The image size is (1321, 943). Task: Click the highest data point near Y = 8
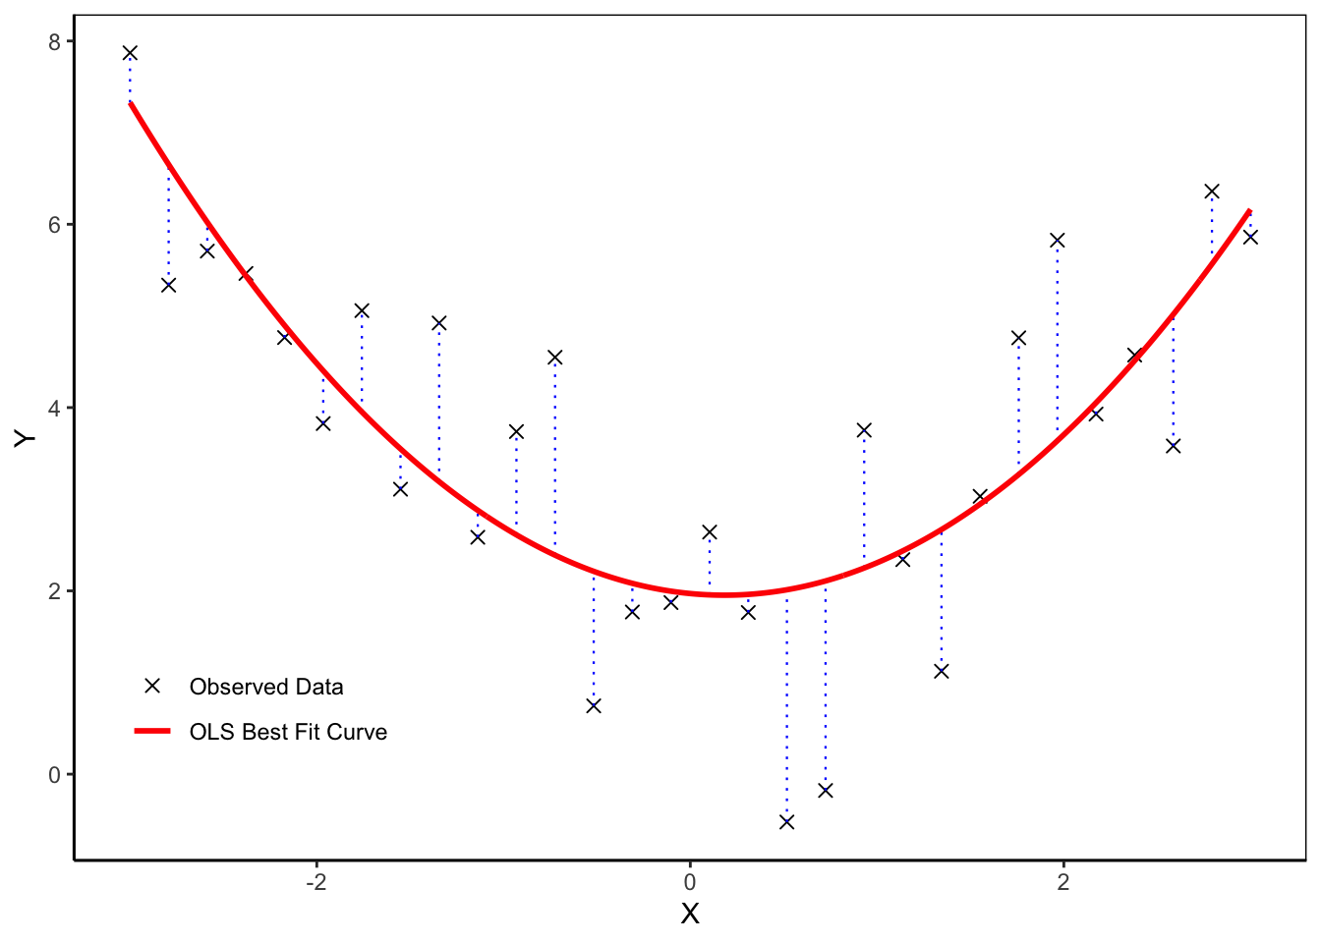(130, 53)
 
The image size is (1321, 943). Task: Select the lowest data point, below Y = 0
(786, 821)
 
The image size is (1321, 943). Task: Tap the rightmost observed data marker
(1250, 237)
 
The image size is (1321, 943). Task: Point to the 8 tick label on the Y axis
(55, 41)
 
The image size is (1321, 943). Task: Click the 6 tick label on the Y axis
(55, 225)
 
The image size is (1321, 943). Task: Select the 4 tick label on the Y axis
(55, 408)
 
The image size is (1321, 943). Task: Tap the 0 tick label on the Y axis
(55, 775)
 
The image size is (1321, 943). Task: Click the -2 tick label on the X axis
(316, 882)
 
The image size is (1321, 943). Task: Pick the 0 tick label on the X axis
(690, 882)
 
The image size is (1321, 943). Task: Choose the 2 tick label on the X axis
(1063, 882)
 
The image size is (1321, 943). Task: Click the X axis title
(690, 915)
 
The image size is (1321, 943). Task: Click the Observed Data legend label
(266, 687)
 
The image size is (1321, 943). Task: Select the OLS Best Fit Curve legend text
(288, 732)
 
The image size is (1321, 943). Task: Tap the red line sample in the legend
(152, 732)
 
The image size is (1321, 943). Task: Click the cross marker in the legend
(152, 686)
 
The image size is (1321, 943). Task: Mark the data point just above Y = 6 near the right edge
(1212, 192)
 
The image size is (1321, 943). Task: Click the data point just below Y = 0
(826, 790)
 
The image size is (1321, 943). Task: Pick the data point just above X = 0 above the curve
(710, 532)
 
